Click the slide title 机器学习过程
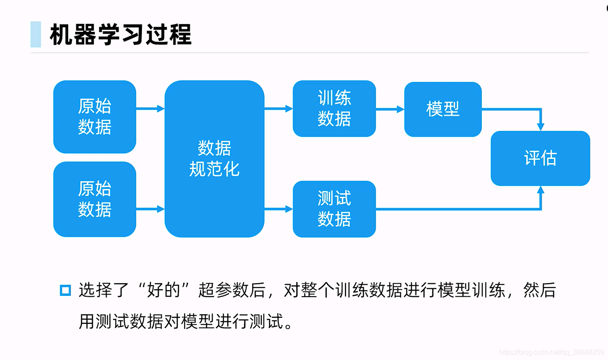click(x=120, y=35)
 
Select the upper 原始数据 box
click(x=94, y=116)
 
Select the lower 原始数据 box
click(x=94, y=199)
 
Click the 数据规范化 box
click(x=214, y=159)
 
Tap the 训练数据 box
click(x=334, y=109)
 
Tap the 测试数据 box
click(x=334, y=209)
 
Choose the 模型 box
click(x=443, y=109)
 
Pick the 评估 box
click(x=540, y=158)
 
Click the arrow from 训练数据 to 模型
click(x=390, y=110)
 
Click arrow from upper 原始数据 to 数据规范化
click(x=150, y=109)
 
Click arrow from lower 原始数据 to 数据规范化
click(x=150, y=209)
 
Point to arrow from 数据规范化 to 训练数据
click(x=278, y=109)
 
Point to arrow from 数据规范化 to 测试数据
click(x=278, y=209)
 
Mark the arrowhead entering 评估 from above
click(x=540, y=126)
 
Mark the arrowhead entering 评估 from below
click(x=540, y=190)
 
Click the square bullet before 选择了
click(x=65, y=290)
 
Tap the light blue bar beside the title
click(x=36, y=34)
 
